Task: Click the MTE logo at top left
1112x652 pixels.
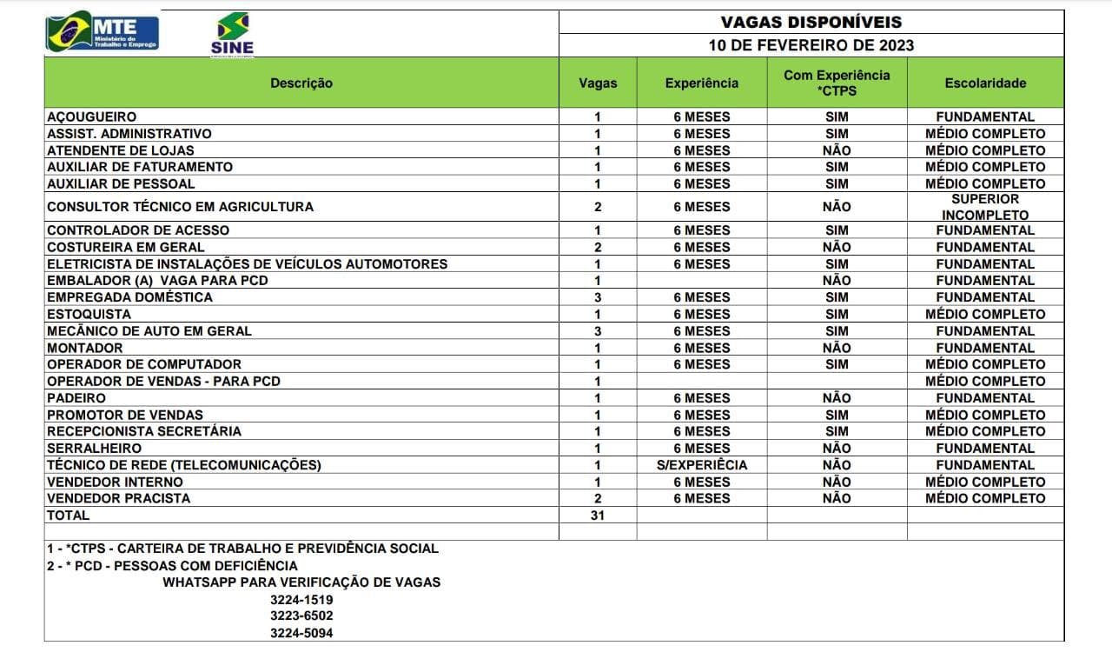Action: point(103,32)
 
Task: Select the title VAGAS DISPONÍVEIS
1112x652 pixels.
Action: point(811,23)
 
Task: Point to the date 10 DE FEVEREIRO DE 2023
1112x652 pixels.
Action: point(811,45)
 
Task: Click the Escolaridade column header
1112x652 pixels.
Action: point(985,83)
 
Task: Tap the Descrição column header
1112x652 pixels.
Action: point(301,83)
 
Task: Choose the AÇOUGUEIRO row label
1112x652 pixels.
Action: point(91,116)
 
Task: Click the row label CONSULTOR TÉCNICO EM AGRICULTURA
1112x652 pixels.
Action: point(180,207)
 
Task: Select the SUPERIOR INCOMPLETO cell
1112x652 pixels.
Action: point(985,207)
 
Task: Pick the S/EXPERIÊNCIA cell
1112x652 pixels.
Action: point(701,465)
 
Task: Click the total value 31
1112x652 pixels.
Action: point(597,515)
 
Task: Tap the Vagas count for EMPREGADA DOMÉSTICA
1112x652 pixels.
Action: point(597,297)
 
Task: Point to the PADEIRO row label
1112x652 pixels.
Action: point(76,398)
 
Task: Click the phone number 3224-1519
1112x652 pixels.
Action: point(301,600)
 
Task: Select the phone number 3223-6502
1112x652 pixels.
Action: point(301,616)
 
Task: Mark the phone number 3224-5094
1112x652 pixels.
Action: point(301,633)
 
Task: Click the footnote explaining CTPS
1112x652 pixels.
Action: point(242,549)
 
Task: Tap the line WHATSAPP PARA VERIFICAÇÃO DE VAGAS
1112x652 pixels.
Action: point(301,582)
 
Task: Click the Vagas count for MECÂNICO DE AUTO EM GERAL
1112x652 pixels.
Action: point(597,331)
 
